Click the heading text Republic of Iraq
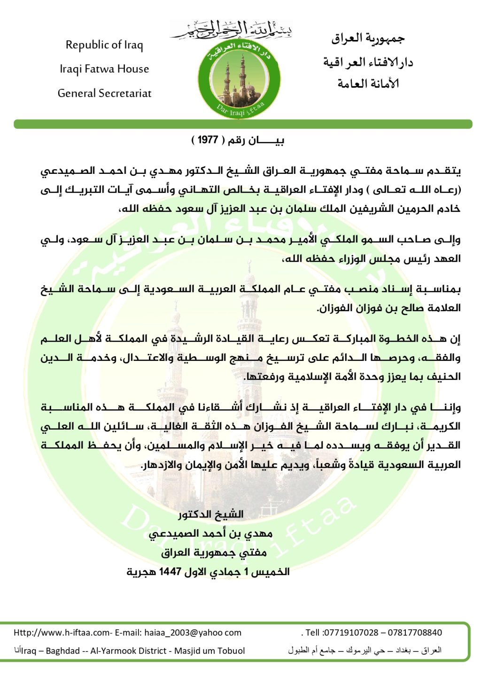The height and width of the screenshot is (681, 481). click(104, 45)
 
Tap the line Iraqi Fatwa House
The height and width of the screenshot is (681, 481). click(104, 69)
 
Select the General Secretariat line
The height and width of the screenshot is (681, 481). click(104, 93)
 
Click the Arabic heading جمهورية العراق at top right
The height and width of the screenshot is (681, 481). click(367, 39)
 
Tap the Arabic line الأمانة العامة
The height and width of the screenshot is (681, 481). click(368, 84)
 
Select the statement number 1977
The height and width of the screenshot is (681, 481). click(208, 140)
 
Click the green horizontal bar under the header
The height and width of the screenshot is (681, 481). click(243, 124)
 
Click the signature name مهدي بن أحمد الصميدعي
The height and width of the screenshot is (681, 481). click(210, 533)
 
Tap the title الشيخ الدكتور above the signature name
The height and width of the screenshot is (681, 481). click(210, 514)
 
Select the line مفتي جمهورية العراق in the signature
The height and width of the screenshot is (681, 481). click(214, 553)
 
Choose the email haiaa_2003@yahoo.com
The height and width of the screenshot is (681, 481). click(193, 633)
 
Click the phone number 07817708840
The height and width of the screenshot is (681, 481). click(415, 633)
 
